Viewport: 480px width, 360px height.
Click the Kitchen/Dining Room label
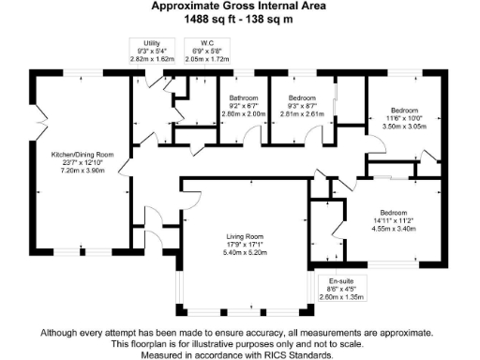tap(82, 154)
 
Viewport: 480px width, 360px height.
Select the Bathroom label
tap(243, 97)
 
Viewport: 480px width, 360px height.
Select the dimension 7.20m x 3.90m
tap(82, 171)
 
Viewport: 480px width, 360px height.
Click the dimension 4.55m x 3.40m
tap(395, 227)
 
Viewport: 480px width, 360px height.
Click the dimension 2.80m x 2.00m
tap(243, 113)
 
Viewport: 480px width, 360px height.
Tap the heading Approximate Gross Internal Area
tap(239, 6)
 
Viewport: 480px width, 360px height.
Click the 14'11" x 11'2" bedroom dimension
tap(395, 218)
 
